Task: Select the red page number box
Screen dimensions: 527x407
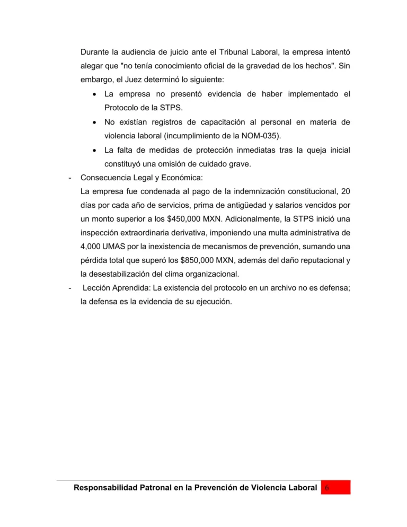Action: click(x=336, y=487)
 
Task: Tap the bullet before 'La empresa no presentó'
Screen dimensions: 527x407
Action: click(x=94, y=95)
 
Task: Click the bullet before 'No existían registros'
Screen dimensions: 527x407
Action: click(x=94, y=122)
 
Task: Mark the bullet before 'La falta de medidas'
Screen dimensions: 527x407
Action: click(x=94, y=150)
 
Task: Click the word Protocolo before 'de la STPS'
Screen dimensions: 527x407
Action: click(x=124, y=109)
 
